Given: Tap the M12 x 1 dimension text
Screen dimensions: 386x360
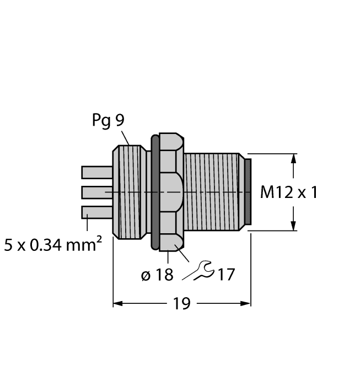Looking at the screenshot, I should pos(289,192).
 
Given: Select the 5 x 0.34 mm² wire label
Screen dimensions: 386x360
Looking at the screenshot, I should pos(53,244).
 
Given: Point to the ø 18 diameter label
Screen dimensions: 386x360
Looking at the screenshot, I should pos(157,274).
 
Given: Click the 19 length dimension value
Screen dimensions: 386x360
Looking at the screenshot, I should pos(181,303).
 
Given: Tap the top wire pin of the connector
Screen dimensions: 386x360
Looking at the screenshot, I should pos(96,173).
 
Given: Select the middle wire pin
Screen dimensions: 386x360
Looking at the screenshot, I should pos(96,192).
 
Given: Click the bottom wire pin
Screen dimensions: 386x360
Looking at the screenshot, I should pos(96,212).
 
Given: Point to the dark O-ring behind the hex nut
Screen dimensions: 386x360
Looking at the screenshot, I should pos(155,192).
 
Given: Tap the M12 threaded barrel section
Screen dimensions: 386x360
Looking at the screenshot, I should pos(212,192).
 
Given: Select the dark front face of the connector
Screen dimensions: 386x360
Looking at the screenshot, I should pos(248,192).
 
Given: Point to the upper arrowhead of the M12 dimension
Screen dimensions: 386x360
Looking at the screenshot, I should pos(294,158).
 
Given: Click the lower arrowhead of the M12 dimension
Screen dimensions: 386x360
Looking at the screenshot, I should pos(294,226).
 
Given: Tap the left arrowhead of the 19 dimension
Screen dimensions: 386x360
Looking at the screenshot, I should pos(117,303).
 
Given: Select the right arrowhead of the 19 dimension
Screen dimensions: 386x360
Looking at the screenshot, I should pos(246,303).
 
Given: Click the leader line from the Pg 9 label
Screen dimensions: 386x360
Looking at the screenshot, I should pos(125,137).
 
